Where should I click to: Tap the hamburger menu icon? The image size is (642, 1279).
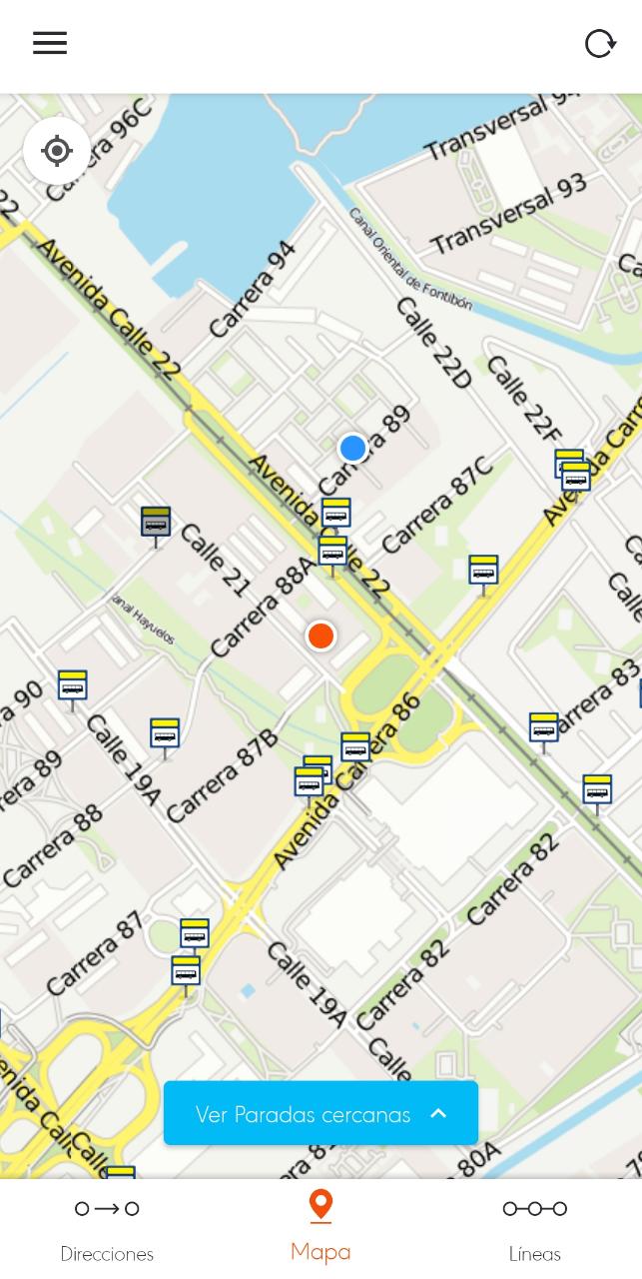point(50,43)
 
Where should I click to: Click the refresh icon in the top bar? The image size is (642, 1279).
point(600,43)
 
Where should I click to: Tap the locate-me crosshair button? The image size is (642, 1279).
point(57,151)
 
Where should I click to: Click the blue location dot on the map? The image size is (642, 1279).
point(352,448)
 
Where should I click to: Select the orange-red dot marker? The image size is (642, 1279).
point(321,636)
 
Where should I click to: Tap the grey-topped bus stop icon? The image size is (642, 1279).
point(156,522)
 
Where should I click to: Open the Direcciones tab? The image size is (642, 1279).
point(107,1229)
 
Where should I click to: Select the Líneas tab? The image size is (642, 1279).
point(534,1229)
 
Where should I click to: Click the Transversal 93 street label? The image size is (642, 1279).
point(508,214)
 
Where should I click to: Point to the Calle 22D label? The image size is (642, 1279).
point(434,343)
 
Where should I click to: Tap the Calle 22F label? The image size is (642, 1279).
point(523,398)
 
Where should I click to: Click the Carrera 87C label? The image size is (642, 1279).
point(437,505)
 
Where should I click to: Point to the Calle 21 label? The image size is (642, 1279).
point(215,560)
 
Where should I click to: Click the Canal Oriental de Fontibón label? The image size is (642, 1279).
point(409,260)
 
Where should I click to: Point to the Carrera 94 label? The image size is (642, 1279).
point(254,289)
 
